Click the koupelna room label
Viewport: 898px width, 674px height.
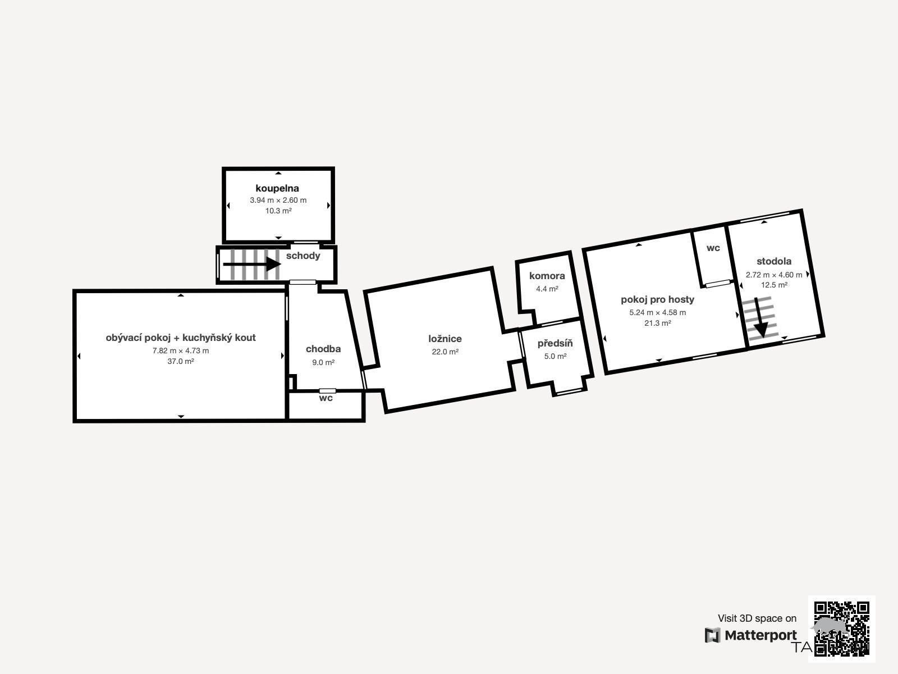tap(277, 188)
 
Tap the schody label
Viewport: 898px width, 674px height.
tap(303, 256)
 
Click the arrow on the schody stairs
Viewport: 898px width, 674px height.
tap(252, 264)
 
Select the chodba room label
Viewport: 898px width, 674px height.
tap(323, 349)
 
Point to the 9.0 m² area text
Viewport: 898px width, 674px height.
tap(323, 362)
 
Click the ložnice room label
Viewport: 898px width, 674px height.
tap(445, 339)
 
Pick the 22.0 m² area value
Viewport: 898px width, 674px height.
tap(445, 352)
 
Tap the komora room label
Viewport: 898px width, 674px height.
tap(547, 276)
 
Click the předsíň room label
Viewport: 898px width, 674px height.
tap(555, 343)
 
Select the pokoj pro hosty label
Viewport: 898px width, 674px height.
tap(657, 299)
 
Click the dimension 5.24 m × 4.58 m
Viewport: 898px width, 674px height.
tap(657, 312)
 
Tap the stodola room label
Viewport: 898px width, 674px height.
tap(773, 261)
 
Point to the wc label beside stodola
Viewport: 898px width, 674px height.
tap(713, 248)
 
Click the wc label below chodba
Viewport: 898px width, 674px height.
tap(326, 398)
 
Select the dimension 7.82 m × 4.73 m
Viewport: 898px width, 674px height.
tap(180, 350)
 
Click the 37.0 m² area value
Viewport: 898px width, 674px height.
tap(180, 361)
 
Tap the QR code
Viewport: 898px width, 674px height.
tap(841, 629)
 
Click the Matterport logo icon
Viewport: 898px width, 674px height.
tap(712, 636)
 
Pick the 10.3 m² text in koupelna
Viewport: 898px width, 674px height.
tap(278, 211)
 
